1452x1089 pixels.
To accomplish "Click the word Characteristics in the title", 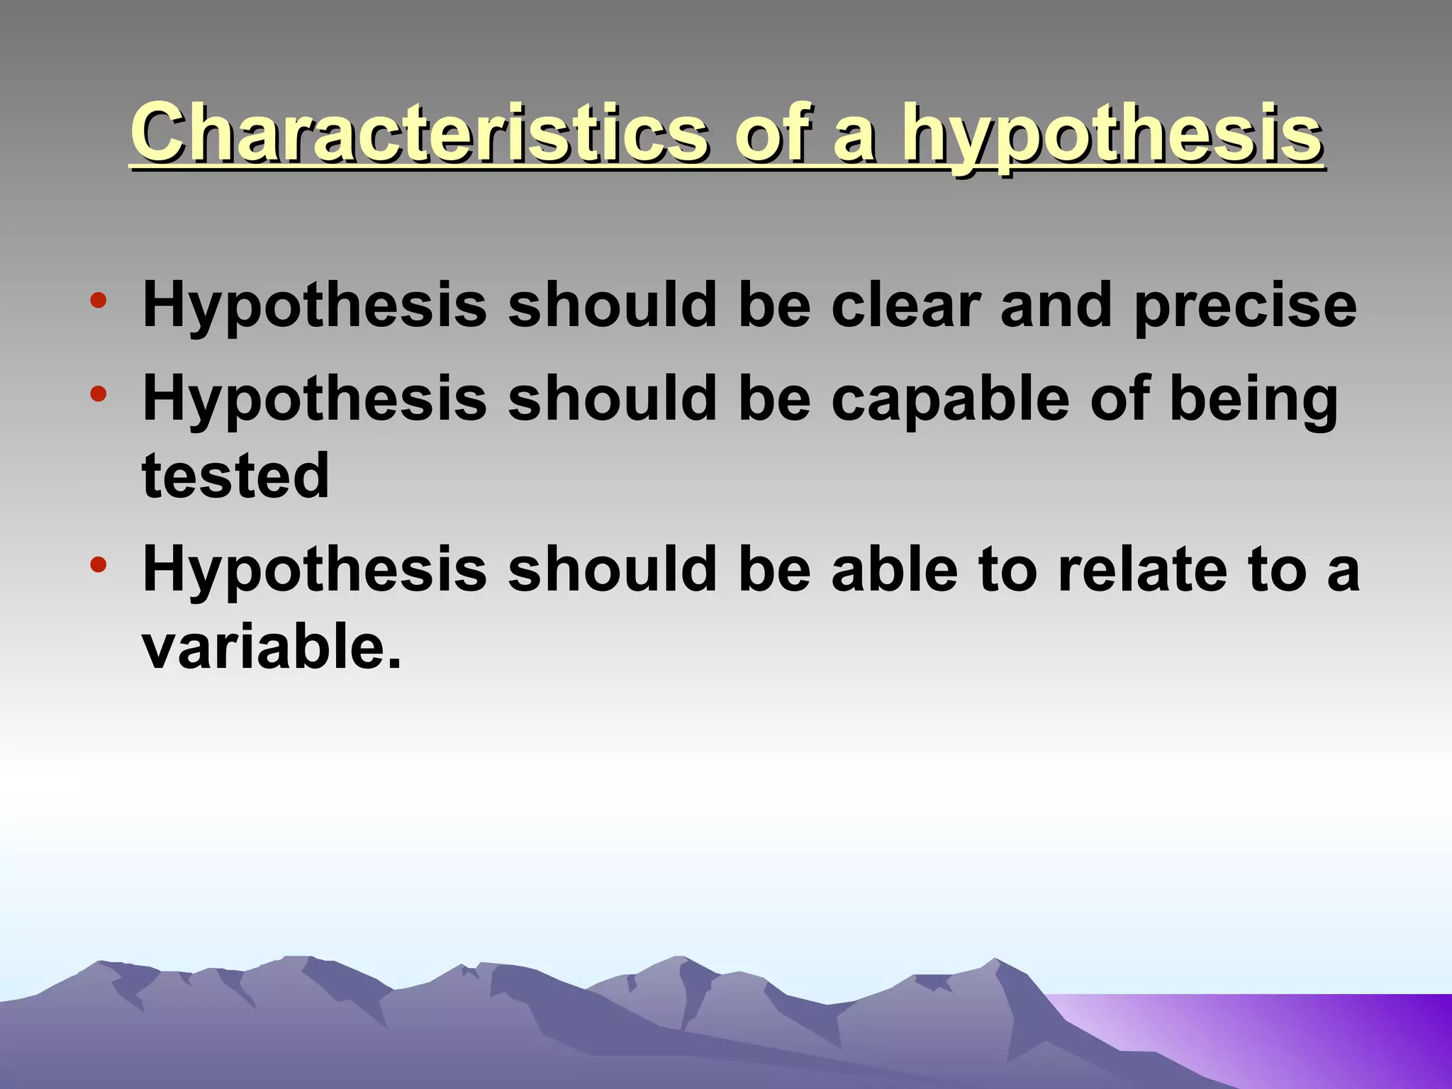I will click(x=418, y=133).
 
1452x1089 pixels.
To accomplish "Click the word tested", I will click(x=236, y=476).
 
